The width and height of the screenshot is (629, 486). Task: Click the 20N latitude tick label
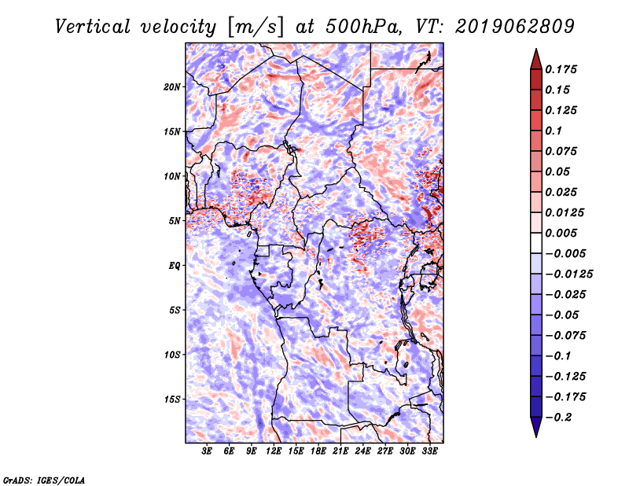coord(171,87)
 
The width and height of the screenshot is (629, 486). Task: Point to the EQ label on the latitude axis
coord(175,266)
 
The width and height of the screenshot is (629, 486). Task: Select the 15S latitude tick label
coord(171,399)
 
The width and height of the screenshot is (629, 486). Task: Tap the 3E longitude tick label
coord(207,451)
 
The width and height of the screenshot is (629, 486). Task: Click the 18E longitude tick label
coord(318,451)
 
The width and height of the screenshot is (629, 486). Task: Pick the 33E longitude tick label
coord(429,451)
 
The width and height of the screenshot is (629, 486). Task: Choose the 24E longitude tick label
coord(362,451)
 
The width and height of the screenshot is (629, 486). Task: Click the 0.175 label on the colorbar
coord(561,69)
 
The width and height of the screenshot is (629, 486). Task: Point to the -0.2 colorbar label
coord(558,418)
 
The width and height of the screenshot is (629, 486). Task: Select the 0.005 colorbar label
coord(561,233)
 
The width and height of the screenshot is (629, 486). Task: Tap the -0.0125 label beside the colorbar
coord(568,274)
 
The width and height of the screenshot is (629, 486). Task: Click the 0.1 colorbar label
coord(554,131)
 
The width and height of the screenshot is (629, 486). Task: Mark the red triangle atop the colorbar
coord(536,60)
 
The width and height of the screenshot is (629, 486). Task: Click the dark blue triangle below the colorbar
coord(536,426)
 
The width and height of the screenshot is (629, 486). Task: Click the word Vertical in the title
coord(92,27)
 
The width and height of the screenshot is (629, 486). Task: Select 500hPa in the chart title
coord(363,27)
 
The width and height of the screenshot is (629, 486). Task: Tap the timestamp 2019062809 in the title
coord(515,27)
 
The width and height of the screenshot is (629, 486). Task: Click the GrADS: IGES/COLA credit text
coord(44,480)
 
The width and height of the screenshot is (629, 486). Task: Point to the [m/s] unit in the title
coord(256,27)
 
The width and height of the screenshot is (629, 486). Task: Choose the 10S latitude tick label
coord(171,355)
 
